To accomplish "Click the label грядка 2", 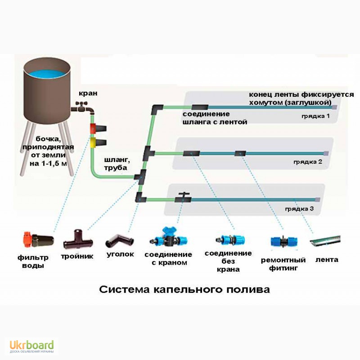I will coord(308,162).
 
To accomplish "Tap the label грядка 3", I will coord(299,209).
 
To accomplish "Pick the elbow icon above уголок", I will coord(119,240).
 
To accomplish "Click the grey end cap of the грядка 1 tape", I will coord(335,108).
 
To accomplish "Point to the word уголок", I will coord(120,254).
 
